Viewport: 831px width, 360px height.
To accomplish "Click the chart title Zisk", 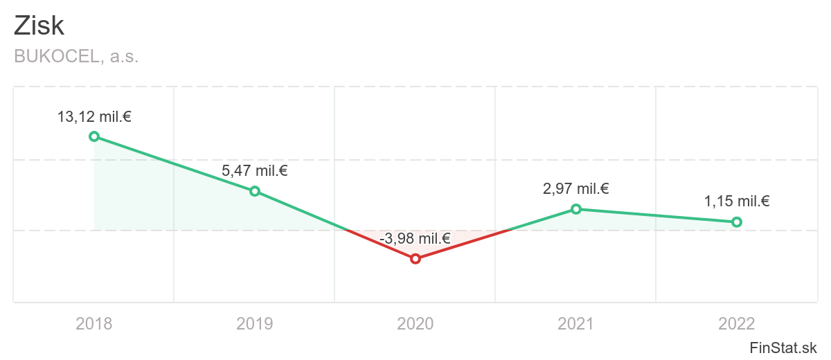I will (x=39, y=26).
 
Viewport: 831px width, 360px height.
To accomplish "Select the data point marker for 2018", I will (x=94, y=136).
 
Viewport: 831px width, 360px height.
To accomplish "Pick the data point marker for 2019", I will (x=255, y=191).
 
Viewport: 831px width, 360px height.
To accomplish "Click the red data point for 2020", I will (x=415, y=259).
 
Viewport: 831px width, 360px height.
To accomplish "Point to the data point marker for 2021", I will (x=576, y=209).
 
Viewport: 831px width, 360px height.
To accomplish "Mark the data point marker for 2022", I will (x=737, y=222).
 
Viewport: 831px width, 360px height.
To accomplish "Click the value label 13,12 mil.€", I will (x=94, y=117).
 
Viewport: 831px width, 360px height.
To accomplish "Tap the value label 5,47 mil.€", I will (x=255, y=171).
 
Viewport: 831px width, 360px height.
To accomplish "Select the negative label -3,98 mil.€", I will (x=415, y=240).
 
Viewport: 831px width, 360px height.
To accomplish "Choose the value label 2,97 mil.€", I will (x=576, y=189).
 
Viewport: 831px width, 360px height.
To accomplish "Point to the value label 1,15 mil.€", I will (x=737, y=202).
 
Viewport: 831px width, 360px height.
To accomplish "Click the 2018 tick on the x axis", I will (x=94, y=323).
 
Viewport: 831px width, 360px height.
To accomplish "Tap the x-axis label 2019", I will (x=255, y=323).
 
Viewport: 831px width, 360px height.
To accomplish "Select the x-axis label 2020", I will (x=415, y=323).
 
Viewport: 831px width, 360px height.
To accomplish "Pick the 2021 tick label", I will (x=576, y=323).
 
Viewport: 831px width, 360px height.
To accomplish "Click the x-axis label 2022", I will (x=737, y=323).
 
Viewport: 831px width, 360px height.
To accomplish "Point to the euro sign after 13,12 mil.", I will (x=127, y=117).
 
